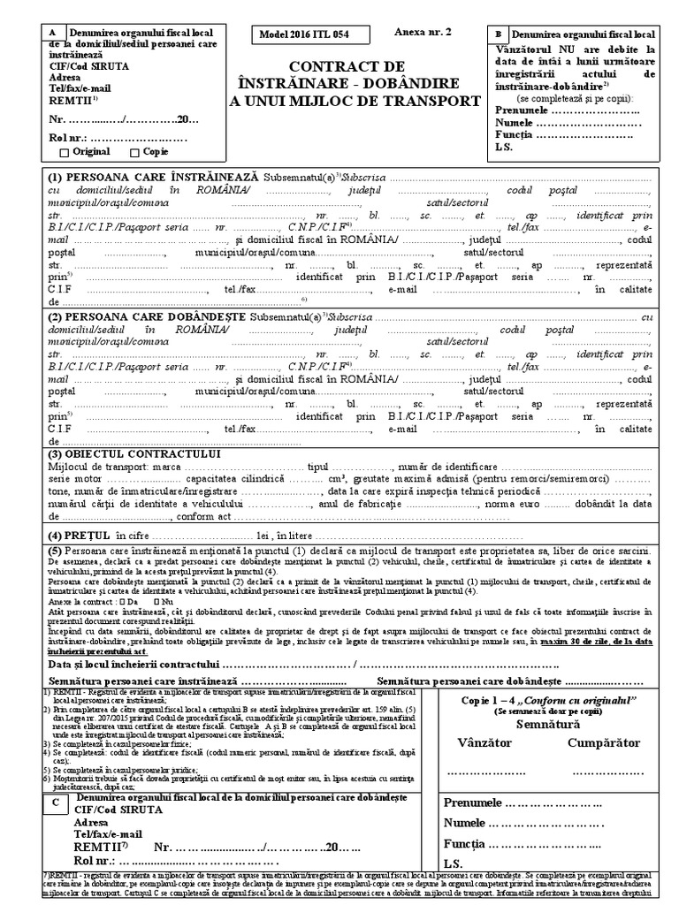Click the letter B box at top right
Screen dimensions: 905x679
pyautogui.click(x=498, y=34)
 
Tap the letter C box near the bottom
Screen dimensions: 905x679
pyautogui.click(x=55, y=801)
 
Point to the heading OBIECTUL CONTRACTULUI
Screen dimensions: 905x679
pyautogui.click(x=134, y=453)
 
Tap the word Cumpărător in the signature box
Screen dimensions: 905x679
pyautogui.click(x=603, y=742)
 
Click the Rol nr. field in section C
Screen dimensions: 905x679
pyautogui.click(x=133, y=860)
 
